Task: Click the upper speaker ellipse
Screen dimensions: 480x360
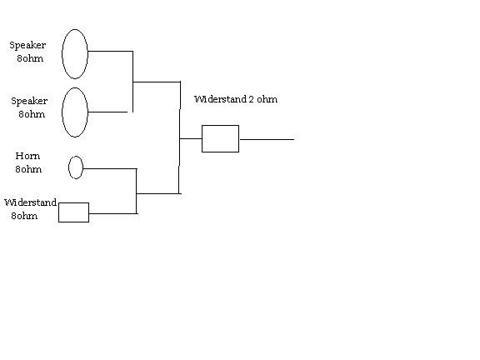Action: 62,54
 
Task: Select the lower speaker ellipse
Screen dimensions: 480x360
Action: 62,112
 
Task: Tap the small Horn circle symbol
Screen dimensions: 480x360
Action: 68,167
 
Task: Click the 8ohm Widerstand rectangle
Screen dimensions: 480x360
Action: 73,203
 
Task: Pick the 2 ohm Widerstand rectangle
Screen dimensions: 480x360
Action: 220,126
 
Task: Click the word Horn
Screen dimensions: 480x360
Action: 27,156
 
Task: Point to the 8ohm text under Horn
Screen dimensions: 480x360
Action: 28,169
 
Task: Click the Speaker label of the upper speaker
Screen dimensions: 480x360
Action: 27,45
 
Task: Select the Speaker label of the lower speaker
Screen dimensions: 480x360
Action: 29,101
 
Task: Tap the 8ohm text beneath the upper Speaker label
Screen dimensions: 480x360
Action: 30,58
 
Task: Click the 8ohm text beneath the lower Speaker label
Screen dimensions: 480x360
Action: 32,114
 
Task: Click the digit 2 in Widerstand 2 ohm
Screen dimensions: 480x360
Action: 251,99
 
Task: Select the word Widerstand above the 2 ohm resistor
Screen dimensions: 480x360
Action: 220,99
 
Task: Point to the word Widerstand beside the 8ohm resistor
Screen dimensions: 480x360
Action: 30,202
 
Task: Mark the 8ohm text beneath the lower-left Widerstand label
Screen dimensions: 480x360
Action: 24,216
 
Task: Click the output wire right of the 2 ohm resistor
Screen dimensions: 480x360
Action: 267,140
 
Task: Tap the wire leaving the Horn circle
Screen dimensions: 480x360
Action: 110,168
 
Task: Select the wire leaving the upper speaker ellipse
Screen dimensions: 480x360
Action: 110,51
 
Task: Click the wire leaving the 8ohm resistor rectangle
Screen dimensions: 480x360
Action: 112,213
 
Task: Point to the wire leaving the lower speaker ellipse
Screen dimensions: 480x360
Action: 107,112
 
